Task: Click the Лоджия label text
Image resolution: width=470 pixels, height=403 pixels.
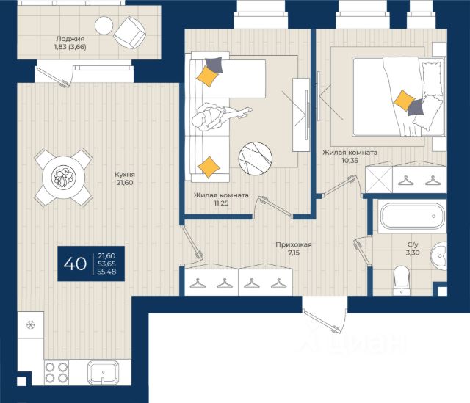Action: pos(70,39)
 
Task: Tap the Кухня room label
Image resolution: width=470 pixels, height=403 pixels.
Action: pos(125,175)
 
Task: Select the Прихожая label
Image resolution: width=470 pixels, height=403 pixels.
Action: pos(294,244)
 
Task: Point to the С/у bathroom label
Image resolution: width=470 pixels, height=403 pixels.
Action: pos(413,244)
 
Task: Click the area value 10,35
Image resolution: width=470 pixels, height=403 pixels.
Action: pos(350,160)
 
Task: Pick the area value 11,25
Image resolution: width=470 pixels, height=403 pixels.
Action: pos(221,203)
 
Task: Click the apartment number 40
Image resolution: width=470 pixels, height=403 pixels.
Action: pos(75,264)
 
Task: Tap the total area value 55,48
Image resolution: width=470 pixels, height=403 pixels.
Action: pos(107,272)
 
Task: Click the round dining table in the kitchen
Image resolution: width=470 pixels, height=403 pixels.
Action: pos(63,177)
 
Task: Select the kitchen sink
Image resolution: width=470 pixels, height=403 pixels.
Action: pos(103,372)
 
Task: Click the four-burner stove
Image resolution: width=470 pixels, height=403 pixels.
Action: pos(57,372)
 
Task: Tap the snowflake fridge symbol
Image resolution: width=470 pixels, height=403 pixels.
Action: pos(31,324)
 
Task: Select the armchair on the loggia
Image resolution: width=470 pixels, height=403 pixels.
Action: pos(129,32)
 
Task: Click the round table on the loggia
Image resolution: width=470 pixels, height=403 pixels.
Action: pos(104,26)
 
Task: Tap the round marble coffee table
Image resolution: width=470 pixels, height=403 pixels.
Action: pos(256,159)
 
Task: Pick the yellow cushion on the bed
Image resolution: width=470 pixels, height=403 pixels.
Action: pos(404,100)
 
